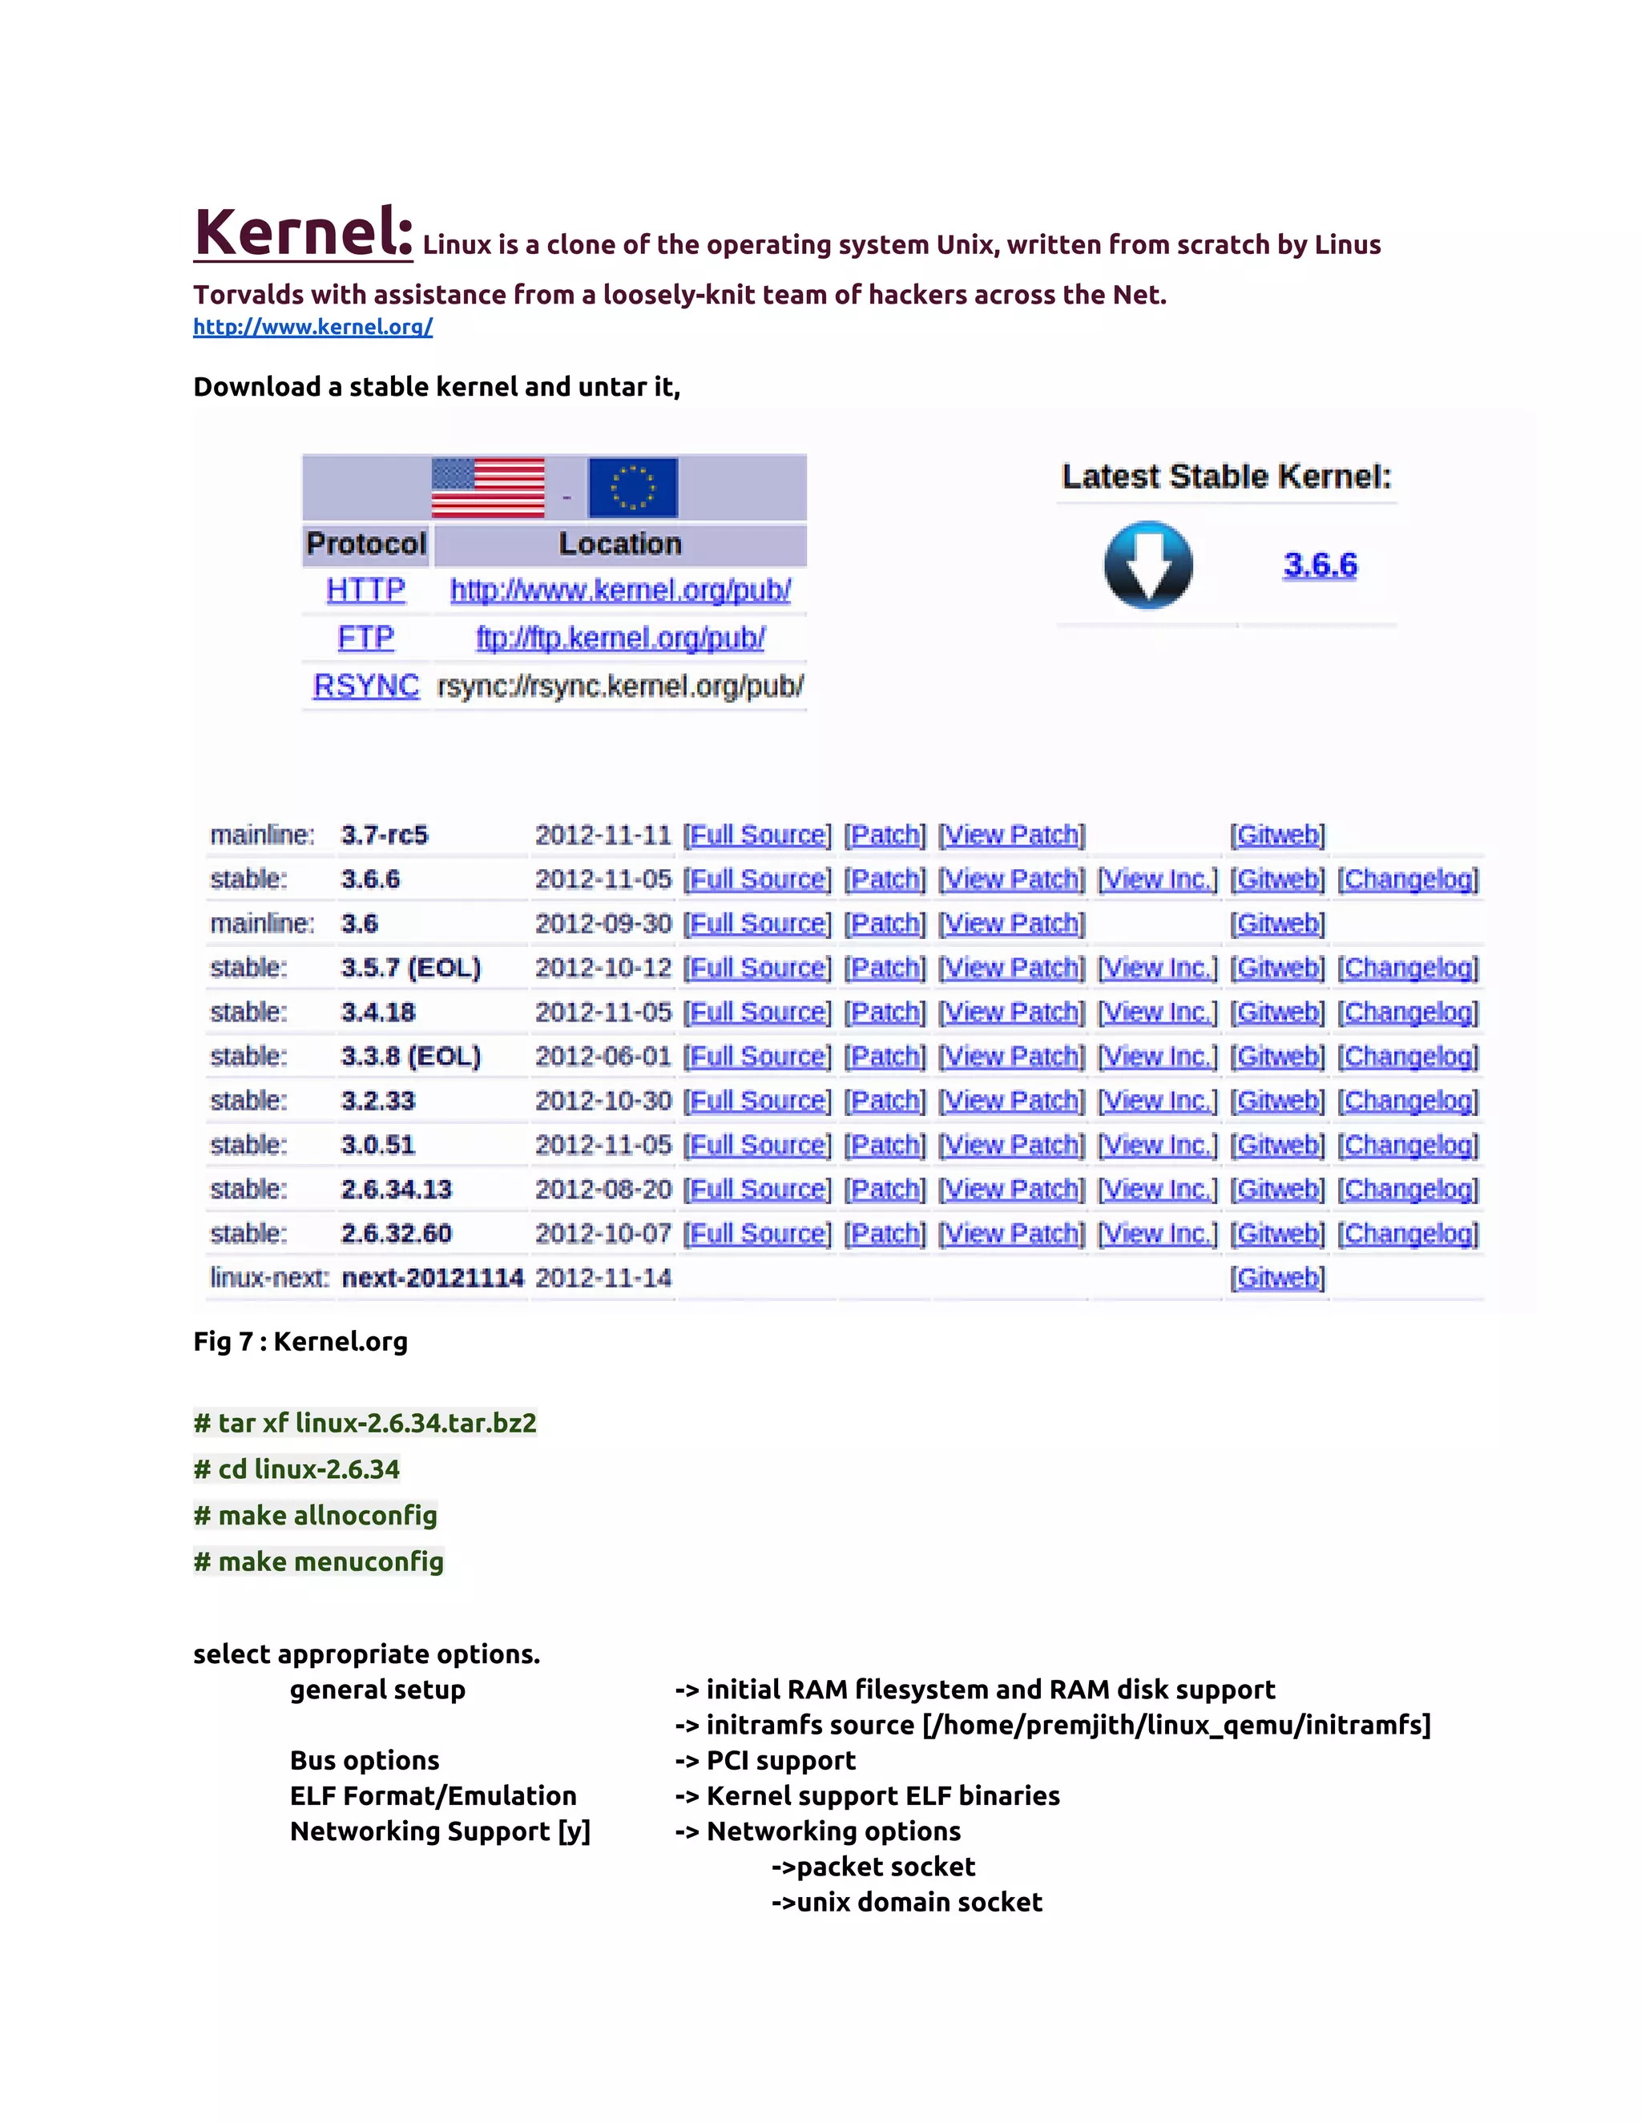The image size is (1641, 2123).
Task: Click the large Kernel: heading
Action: point(304,232)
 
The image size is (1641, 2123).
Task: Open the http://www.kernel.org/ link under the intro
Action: point(313,327)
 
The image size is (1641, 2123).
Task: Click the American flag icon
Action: point(488,487)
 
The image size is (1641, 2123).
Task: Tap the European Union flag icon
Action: point(633,487)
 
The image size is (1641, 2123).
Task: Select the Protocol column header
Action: point(366,543)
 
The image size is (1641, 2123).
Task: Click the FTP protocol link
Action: point(365,638)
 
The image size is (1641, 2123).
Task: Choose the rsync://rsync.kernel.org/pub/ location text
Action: point(620,687)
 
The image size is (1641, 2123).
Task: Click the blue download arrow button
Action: point(1148,565)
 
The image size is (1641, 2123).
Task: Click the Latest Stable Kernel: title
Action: point(1226,477)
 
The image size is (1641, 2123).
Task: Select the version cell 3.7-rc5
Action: point(384,835)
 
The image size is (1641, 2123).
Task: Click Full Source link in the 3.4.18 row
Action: point(757,1012)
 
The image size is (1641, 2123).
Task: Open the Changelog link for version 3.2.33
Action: point(1408,1101)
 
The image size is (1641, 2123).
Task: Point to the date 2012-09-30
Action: point(603,924)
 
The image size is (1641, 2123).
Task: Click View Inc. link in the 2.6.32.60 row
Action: point(1157,1234)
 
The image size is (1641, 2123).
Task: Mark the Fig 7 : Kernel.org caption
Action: point(300,1341)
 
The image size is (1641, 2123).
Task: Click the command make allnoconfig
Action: point(316,1516)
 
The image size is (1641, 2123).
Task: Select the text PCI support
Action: point(780,1760)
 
